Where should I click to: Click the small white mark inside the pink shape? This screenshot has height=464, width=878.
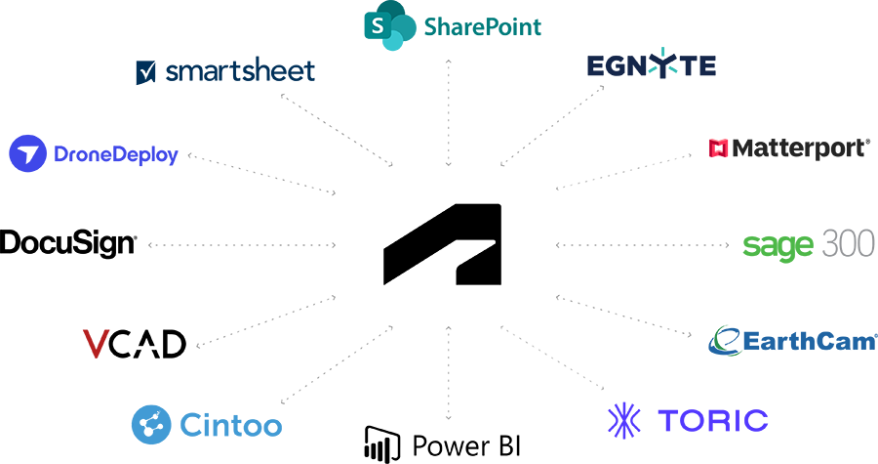pyautogui.click(x=716, y=149)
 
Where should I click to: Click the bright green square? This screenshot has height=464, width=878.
pyautogui.click(x=771, y=244)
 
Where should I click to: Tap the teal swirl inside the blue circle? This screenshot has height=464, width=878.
pyautogui.click(x=723, y=341)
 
